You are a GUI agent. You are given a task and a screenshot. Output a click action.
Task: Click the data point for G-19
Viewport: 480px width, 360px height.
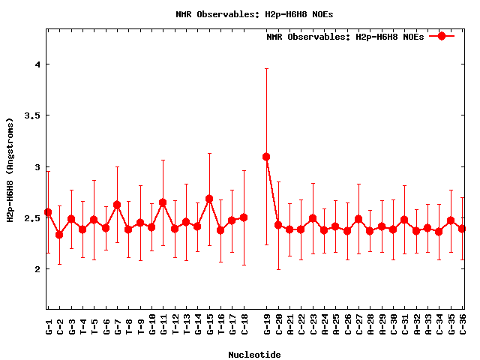coord(266,157)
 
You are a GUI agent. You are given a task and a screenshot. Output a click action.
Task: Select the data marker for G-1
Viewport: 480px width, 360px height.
coord(48,212)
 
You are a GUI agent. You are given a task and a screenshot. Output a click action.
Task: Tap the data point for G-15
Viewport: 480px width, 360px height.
coord(209,199)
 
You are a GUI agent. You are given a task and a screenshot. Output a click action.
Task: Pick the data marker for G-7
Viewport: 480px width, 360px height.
coord(117,205)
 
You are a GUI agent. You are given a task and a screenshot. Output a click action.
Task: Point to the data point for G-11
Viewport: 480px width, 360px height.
coord(163,202)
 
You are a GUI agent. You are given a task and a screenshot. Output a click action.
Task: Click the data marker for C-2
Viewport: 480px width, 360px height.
coord(59,235)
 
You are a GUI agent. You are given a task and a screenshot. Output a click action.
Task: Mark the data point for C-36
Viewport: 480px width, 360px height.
coord(462,229)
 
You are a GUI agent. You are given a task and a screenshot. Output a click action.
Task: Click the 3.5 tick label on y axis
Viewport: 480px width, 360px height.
coord(34,115)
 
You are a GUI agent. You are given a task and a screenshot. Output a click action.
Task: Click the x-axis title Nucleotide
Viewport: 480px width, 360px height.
coord(254,355)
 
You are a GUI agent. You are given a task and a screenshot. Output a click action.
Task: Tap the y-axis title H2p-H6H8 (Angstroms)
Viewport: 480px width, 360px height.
coord(10,169)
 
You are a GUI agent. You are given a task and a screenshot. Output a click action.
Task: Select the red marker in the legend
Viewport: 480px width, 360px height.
coord(442,36)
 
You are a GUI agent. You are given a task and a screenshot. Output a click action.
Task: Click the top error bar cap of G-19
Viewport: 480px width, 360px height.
coord(266,69)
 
